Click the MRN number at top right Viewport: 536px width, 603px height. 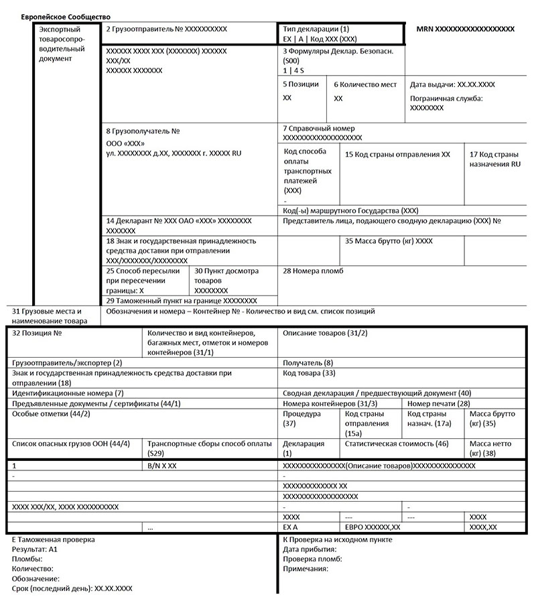coord(465,29)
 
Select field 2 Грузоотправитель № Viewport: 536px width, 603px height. coord(167,29)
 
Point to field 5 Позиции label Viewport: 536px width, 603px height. coord(301,85)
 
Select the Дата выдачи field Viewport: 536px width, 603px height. coord(452,85)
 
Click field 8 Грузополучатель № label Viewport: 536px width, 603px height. coord(143,131)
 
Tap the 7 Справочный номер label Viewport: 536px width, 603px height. coord(319,129)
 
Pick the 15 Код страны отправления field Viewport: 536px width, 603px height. coord(397,154)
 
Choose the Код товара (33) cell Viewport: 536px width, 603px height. coord(310,373)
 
